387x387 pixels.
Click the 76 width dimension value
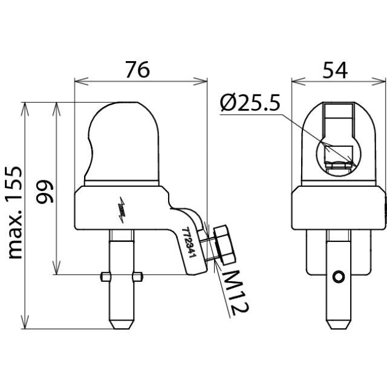click(137, 70)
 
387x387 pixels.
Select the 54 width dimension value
click(335, 70)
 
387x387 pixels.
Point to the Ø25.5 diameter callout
click(250, 102)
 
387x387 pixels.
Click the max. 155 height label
click(15, 213)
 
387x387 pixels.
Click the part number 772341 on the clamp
click(189, 242)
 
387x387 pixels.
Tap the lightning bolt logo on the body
click(122, 210)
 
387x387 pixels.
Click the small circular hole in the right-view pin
click(339, 276)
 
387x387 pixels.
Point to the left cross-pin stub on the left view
click(106, 276)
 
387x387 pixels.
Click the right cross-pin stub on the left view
click(137, 276)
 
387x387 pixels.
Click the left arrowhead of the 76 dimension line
click(81, 81)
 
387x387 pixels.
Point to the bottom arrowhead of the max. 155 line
click(25, 322)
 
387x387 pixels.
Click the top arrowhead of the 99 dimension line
click(57, 109)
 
